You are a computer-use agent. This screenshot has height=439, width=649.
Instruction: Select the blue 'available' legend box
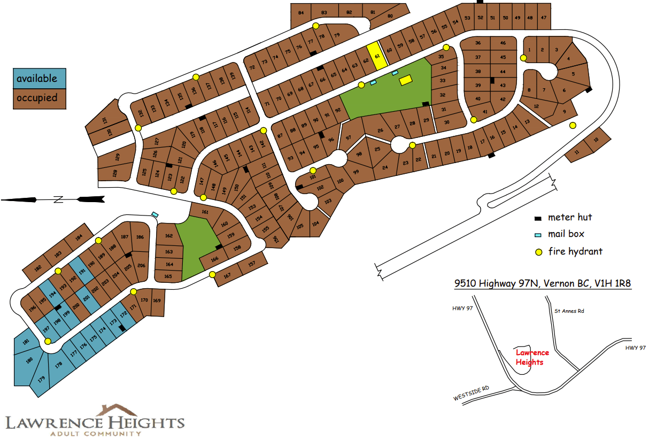tap(40, 79)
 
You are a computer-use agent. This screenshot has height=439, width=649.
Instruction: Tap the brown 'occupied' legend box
tap(40, 98)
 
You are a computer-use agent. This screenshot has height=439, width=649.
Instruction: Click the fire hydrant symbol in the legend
tap(539, 252)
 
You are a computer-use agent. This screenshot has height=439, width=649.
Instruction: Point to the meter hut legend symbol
tap(538, 218)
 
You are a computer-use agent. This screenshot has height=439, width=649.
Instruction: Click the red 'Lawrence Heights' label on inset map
tap(532, 357)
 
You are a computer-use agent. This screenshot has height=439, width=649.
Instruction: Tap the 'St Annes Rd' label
tap(569, 311)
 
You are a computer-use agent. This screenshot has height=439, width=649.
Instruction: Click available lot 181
tap(25, 342)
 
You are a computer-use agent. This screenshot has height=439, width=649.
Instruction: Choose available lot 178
tap(58, 365)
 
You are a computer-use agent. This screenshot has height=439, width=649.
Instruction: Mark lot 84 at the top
tap(301, 13)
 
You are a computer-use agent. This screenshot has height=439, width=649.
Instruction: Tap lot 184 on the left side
tap(80, 237)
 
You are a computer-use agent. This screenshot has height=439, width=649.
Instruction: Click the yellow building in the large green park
tap(406, 80)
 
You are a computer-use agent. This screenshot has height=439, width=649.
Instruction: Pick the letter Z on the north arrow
tap(58, 199)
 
